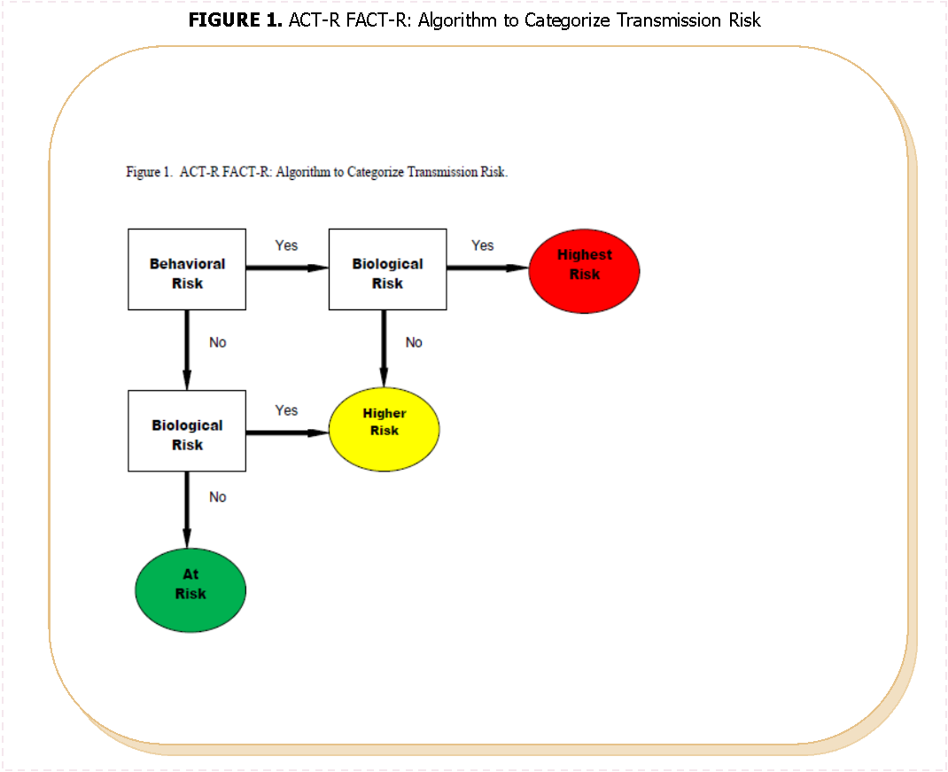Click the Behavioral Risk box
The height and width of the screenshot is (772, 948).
[187, 269]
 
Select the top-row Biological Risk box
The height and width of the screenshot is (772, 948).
[387, 269]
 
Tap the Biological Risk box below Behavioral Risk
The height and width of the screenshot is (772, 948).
[187, 431]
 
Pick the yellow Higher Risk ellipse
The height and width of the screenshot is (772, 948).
[384, 431]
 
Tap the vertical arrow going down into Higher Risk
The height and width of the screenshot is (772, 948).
[383, 349]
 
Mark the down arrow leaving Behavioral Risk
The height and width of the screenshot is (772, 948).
[187, 349]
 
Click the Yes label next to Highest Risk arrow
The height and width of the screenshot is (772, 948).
[482, 246]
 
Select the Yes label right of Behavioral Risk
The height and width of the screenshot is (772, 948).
[286, 246]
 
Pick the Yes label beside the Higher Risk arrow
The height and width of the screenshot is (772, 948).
[286, 410]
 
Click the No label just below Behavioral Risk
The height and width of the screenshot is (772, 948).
[217, 342]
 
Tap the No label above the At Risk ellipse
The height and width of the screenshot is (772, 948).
[217, 497]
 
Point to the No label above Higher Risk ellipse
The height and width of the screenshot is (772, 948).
[414, 342]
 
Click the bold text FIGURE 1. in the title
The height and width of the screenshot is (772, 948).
[235, 19]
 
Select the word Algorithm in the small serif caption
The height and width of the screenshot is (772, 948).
[302, 172]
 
